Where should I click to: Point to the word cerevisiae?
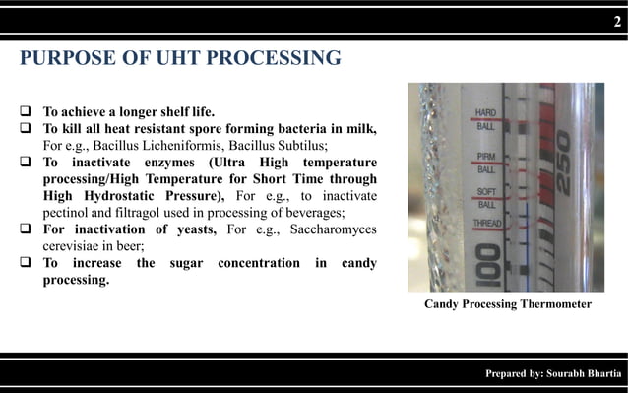click(76, 247)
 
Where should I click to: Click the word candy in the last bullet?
click(355, 264)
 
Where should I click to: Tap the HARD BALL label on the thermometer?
click(486, 118)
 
